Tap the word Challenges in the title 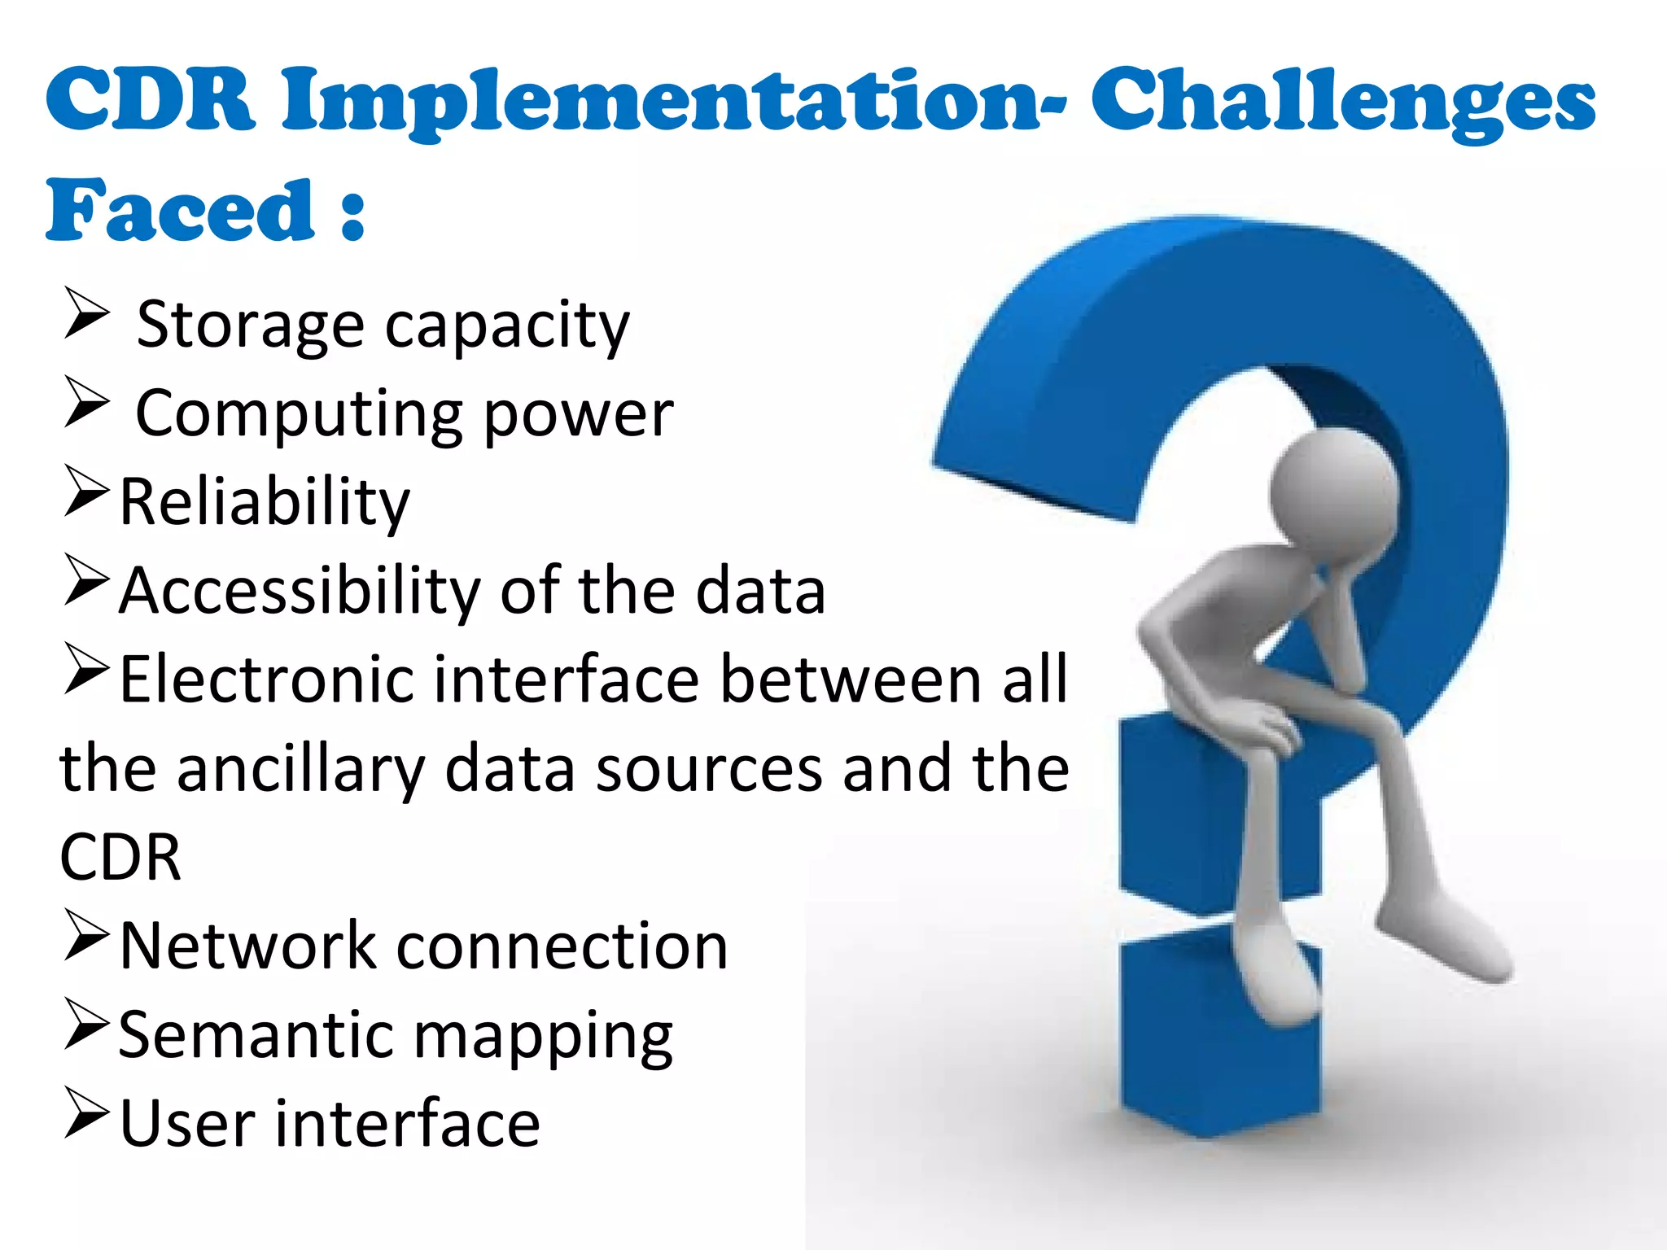[x=1343, y=102]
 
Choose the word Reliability [x=265, y=503]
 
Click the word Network [x=248, y=946]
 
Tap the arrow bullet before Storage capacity [x=86, y=313]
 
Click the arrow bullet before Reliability [x=86, y=492]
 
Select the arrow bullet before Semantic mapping [x=86, y=1024]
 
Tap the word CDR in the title [x=151, y=102]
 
